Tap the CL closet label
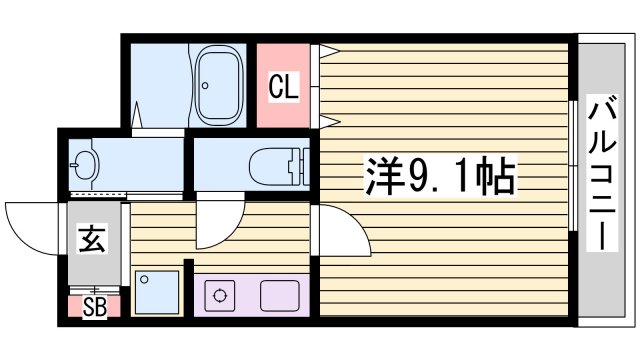[284, 87]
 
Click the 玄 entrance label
[92, 241]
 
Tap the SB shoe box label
[94, 305]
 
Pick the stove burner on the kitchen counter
[218, 296]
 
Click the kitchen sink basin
[280, 296]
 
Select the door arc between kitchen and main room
[338, 234]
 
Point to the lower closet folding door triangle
[326, 122]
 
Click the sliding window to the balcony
[573, 165]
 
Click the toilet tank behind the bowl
[296, 163]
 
